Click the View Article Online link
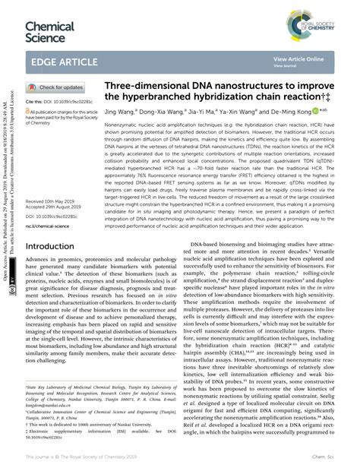pyautogui.click(x=298, y=58)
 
